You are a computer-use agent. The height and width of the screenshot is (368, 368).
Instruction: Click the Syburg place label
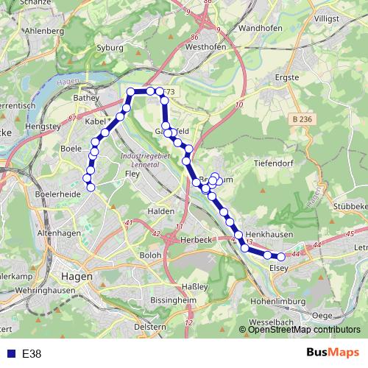(110, 47)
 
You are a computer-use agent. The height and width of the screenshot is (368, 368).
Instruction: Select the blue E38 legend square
(10, 354)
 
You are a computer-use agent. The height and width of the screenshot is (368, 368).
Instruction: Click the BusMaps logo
(333, 353)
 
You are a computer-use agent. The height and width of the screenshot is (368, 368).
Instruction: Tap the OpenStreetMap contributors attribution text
(304, 329)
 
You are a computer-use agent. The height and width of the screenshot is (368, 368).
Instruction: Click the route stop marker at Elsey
(280, 256)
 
